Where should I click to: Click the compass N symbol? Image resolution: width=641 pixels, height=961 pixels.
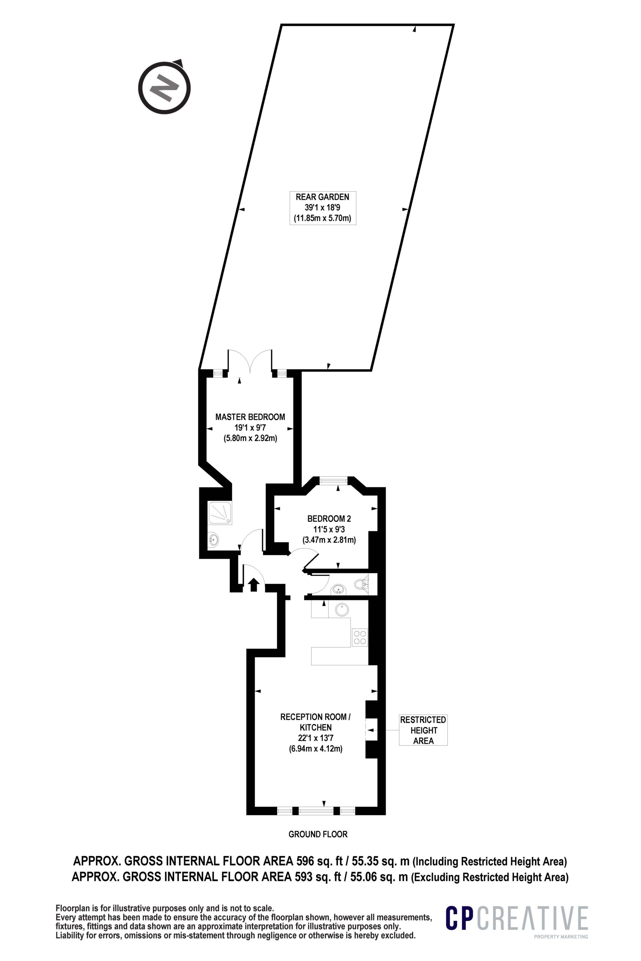click(x=164, y=87)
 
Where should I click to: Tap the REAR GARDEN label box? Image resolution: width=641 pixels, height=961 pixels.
click(x=323, y=208)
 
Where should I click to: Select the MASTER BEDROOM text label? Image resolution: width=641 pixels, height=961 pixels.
click(x=250, y=417)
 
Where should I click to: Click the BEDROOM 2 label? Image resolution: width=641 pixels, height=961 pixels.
click(x=329, y=519)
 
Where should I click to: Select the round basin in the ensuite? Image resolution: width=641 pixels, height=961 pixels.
click(x=213, y=540)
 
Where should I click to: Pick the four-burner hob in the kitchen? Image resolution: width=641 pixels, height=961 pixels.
click(x=360, y=638)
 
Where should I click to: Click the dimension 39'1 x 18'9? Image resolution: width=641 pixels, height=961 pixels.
click(x=323, y=208)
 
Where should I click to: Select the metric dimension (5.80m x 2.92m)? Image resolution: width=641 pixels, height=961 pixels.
click(x=250, y=438)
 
